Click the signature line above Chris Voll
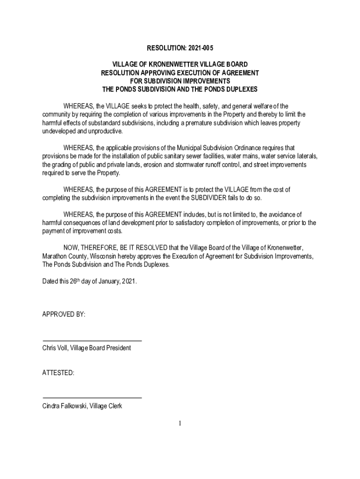tap(92, 340)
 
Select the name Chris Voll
tap(55, 348)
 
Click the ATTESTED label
tap(58, 373)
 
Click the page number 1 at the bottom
tap(180, 424)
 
